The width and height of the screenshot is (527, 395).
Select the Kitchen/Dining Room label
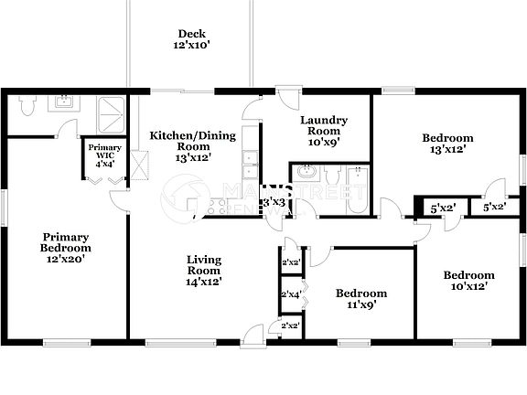coord(192,145)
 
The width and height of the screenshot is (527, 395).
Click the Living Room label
coord(205,271)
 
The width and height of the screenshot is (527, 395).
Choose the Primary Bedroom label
coord(66,249)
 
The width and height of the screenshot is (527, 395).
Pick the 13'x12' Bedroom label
coord(447,144)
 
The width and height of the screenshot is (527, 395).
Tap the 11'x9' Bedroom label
coord(360,299)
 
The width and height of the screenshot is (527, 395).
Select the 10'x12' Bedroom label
coord(468,280)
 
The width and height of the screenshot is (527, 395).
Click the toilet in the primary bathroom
coord(27,109)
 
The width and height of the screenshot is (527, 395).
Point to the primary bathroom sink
coord(63,101)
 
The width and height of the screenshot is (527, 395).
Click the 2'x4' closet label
coord(290,294)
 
